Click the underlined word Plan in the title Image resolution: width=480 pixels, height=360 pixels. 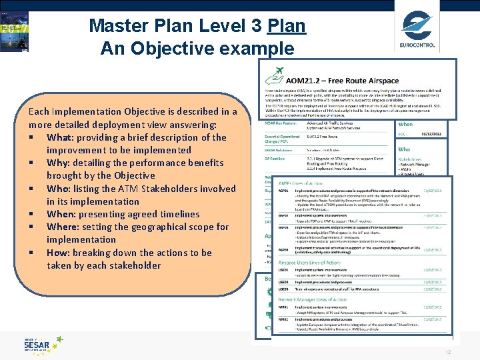(x=286, y=27)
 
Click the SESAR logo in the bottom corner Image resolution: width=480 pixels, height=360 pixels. (x=43, y=345)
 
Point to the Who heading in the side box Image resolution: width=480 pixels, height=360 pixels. (x=405, y=149)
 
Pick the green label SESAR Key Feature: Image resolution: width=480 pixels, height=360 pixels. (x=281, y=124)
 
